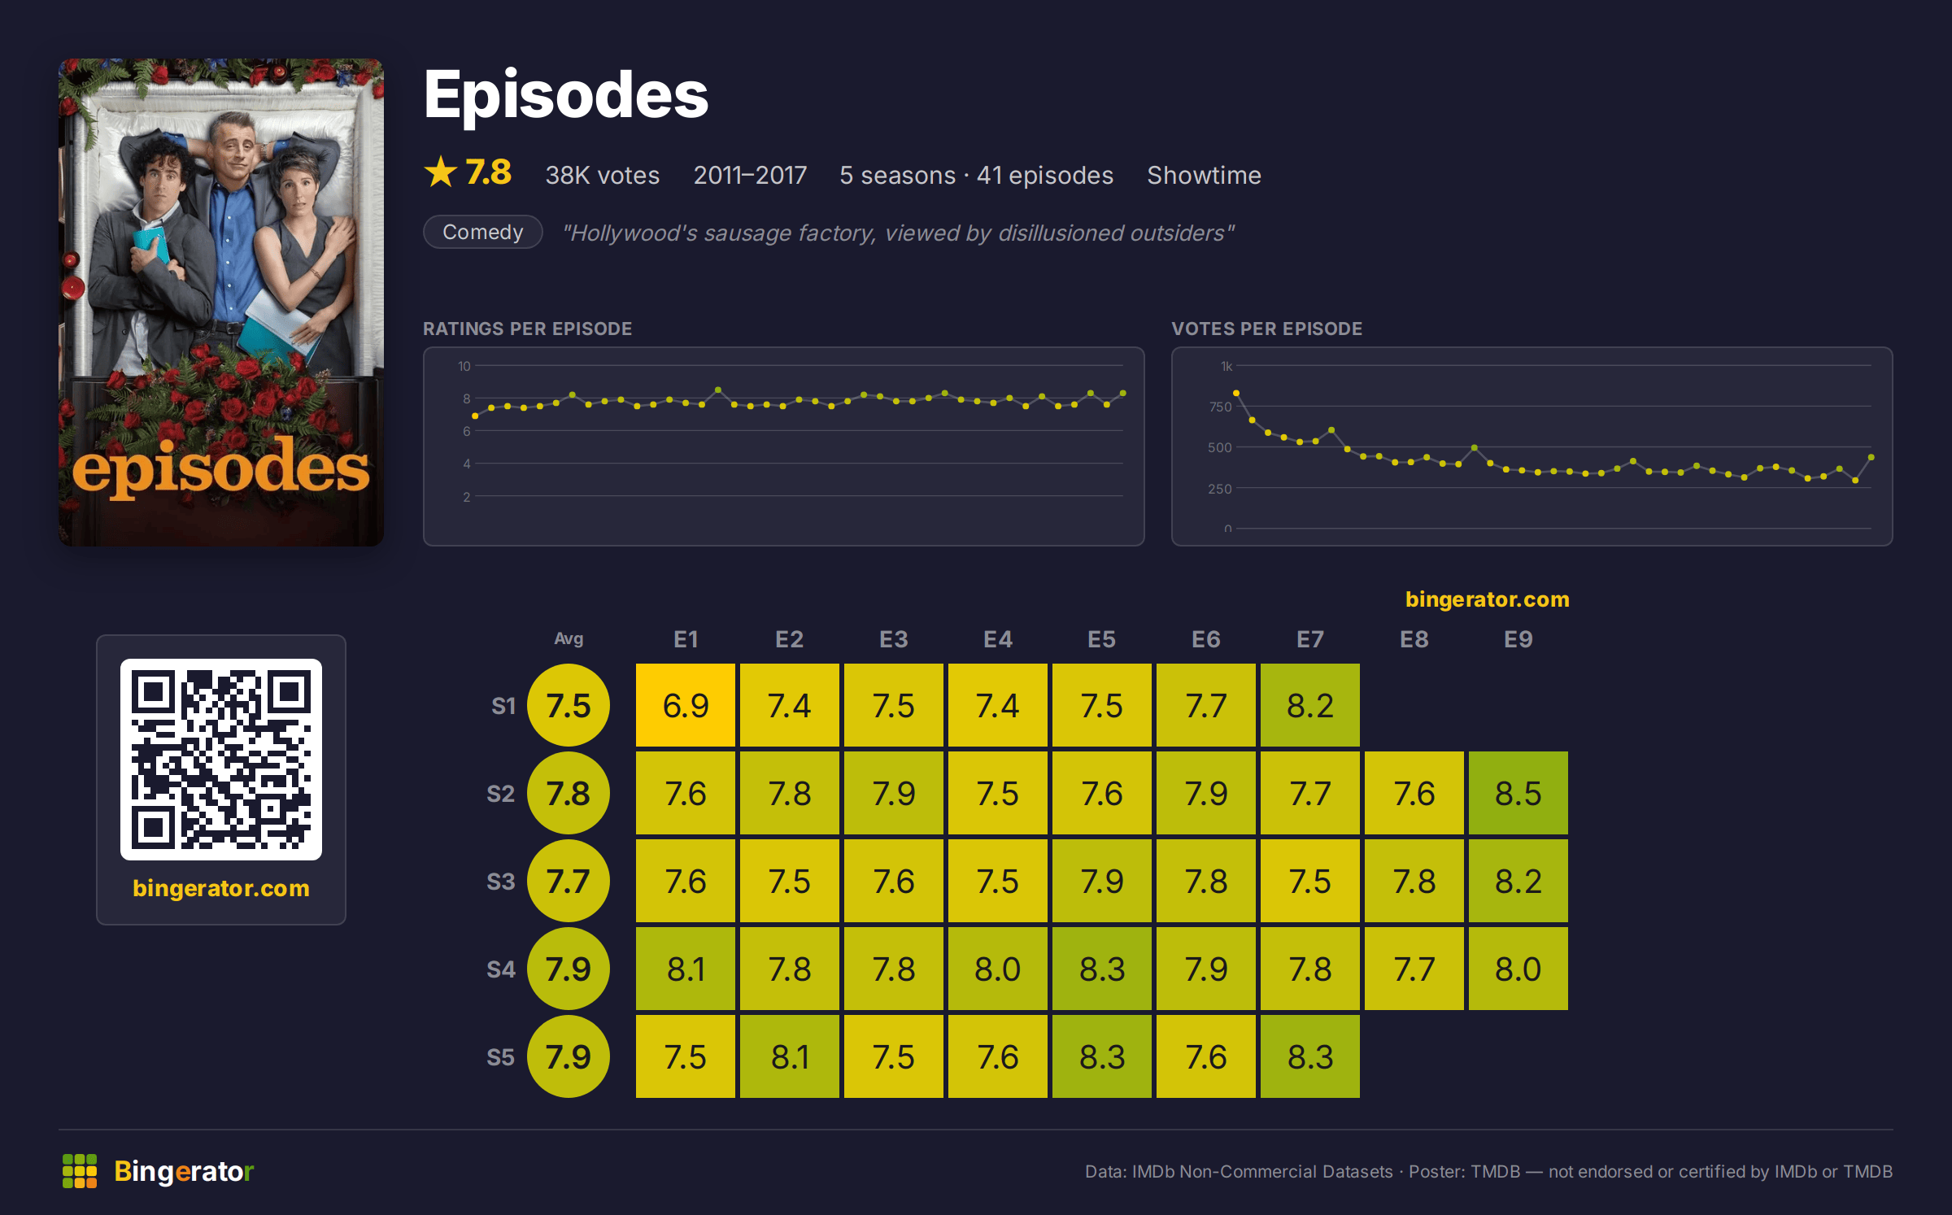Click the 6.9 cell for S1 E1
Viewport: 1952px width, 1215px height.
pos(686,705)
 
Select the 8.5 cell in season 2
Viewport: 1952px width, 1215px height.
pos(1518,793)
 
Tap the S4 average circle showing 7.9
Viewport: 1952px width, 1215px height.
pos(569,969)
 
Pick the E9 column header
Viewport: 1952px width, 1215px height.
pos(1518,639)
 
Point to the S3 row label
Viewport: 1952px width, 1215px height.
pos(501,882)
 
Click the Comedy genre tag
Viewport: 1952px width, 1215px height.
pos(483,232)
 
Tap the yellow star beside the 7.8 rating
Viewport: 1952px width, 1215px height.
pos(441,172)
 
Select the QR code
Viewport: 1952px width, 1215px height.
pos(221,760)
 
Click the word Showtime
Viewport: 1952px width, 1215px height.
pos(1204,175)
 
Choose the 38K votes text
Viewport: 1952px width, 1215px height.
pos(603,175)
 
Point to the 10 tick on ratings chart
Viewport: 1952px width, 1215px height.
pos(464,366)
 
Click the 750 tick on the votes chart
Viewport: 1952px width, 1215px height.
pos(1220,407)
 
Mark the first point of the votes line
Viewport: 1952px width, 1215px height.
pos(1236,393)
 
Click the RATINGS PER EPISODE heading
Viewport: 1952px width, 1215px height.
pos(527,329)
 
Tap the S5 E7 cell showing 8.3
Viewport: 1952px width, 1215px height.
pos(1310,1056)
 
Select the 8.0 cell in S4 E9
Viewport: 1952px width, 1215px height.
pos(1518,969)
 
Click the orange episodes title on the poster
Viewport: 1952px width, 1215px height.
pos(220,468)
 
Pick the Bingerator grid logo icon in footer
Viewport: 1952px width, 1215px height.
pos(80,1171)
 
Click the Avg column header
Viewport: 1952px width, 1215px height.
pos(569,638)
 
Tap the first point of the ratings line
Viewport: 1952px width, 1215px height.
pos(475,416)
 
